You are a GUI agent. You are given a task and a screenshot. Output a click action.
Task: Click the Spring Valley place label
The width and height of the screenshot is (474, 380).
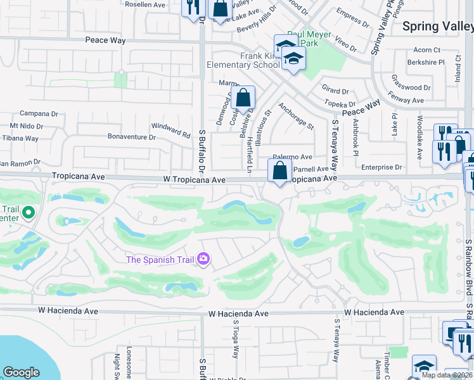[438, 27]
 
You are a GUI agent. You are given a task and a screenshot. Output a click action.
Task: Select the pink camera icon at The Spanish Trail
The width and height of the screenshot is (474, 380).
[203, 258]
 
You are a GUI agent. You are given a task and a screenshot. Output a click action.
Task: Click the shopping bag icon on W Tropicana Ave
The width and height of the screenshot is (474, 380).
[279, 171]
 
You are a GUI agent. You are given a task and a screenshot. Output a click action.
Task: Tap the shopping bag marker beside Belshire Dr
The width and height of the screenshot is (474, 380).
[243, 99]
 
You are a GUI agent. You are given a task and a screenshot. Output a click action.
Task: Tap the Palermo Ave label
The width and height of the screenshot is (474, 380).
[293, 157]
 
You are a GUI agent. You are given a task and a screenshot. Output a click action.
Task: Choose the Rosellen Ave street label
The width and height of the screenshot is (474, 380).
[145, 4]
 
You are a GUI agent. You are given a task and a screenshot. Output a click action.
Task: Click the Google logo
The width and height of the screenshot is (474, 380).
[21, 372]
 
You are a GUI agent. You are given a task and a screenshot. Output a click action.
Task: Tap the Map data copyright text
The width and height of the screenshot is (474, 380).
[447, 375]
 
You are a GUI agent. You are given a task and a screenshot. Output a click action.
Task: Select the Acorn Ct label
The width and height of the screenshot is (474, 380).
[426, 50]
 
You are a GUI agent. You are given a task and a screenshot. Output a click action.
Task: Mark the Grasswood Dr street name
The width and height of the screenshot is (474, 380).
[411, 88]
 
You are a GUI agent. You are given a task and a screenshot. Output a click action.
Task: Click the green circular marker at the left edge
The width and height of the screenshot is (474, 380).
[28, 213]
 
